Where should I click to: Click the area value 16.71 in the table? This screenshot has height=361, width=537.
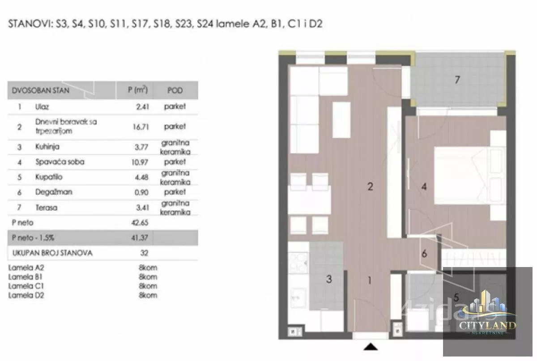141,127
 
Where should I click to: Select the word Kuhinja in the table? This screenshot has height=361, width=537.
47,147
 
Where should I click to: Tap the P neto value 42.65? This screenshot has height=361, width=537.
140,223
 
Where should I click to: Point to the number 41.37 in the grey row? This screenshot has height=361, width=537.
140,238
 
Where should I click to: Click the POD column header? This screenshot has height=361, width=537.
175,90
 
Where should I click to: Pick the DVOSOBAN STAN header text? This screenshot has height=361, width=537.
41,90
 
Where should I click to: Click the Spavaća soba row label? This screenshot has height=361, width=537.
60,162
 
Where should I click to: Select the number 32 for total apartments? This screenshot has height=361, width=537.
144,253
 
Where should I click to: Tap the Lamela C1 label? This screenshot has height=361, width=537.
26,286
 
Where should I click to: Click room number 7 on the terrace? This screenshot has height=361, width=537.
457,80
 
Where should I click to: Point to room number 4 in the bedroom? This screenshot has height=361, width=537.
424,187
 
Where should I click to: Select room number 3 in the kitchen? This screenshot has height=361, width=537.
329,279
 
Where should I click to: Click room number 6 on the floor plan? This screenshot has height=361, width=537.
424,253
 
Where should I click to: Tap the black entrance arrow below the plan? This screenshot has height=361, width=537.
371,347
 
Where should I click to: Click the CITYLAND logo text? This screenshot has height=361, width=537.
487,325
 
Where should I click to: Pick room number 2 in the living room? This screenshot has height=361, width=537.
370,187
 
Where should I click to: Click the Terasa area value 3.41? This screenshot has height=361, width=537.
143,208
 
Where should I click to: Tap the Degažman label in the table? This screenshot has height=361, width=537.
54,192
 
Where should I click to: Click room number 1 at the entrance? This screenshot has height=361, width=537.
370,280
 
